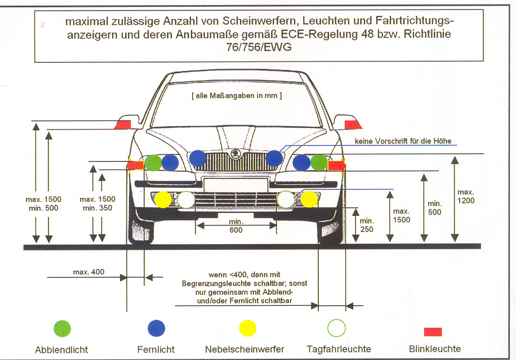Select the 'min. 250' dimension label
[367, 225]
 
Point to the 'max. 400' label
[88, 272]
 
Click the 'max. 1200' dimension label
[466, 196]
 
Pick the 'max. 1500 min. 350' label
[97, 203]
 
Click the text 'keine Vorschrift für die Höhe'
[403, 140]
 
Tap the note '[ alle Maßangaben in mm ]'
[236, 96]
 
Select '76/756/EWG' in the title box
[259, 47]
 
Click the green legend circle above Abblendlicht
[62, 328]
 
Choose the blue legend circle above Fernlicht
[156, 328]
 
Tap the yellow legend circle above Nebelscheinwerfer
[247, 328]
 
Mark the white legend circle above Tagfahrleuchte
[337, 327]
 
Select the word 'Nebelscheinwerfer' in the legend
[244, 349]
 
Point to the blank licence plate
[235, 185]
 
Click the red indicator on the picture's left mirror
[123, 125]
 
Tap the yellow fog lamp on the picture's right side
[309, 198]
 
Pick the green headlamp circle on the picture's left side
[153, 163]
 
